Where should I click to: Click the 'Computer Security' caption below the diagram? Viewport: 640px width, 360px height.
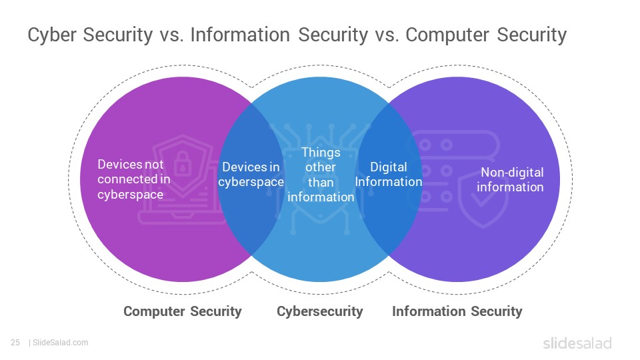point(183,311)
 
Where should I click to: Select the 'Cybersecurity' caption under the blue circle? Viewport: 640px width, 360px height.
point(319,312)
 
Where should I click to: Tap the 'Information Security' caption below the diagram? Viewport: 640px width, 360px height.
point(457,311)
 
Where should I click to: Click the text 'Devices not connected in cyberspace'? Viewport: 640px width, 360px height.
point(134,179)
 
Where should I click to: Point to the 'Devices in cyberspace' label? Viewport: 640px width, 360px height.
point(251,174)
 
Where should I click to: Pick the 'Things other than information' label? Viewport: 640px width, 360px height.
point(321,175)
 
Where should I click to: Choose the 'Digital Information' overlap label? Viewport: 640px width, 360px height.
point(389,174)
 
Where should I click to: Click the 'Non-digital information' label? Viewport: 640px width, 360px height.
point(510,179)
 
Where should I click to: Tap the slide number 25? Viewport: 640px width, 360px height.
point(15,343)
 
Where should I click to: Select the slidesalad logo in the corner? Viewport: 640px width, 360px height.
point(577,343)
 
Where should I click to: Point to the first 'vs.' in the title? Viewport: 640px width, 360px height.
point(171,35)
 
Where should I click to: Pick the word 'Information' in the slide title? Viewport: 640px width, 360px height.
point(240,35)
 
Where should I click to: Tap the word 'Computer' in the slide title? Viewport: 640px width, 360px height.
point(447,35)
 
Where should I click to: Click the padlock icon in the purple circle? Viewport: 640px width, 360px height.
point(183,163)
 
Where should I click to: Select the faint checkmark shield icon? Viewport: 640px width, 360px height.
point(483,199)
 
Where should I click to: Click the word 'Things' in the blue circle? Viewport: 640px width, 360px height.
point(321,152)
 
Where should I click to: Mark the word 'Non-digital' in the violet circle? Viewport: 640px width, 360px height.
point(512,172)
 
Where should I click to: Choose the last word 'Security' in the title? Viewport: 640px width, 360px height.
point(532,35)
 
